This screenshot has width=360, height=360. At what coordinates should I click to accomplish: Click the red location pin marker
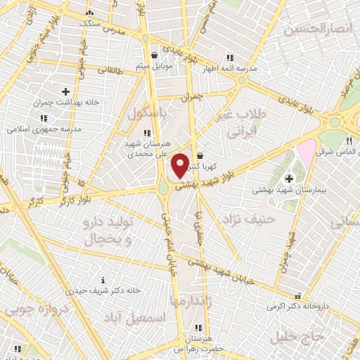click(x=180, y=165)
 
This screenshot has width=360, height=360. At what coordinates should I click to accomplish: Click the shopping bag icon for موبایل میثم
click(x=154, y=55)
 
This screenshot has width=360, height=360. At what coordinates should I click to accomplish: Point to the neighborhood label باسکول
click(x=149, y=112)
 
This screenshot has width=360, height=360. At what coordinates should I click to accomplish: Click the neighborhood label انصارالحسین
click(x=319, y=30)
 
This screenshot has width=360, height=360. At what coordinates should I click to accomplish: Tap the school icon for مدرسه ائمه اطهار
click(x=229, y=58)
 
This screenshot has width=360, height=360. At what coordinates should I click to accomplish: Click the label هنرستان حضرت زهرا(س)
click(x=200, y=344)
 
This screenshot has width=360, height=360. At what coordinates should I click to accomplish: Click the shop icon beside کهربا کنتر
click(x=200, y=155)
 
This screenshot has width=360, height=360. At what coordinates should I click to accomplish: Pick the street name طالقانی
click(x=109, y=70)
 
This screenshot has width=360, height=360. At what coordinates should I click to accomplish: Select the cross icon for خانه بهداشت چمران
click(x=65, y=91)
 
